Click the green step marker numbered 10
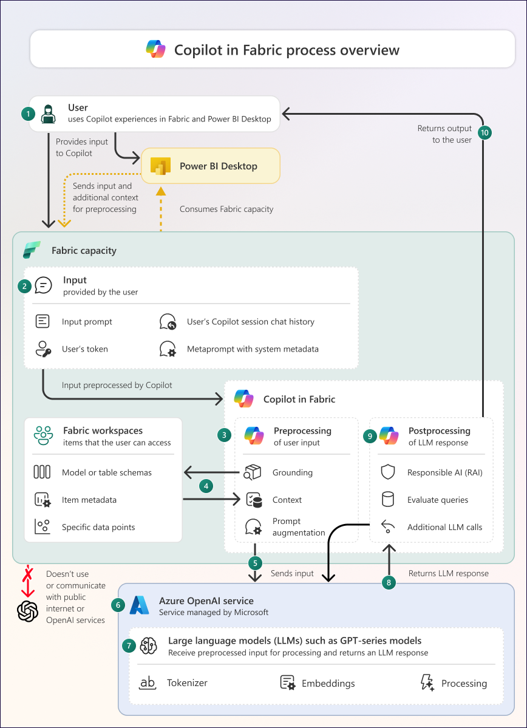pyautogui.click(x=484, y=134)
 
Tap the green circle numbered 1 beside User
pyautogui.click(x=27, y=114)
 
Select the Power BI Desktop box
pyautogui.click(x=211, y=166)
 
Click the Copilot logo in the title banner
pyautogui.click(x=156, y=49)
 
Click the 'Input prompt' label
pyautogui.click(x=87, y=322)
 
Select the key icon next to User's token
pyautogui.click(x=42, y=349)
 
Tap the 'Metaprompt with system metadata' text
pyautogui.click(x=253, y=349)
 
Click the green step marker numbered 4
pyautogui.click(x=207, y=486)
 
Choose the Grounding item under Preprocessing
pyautogui.click(x=293, y=472)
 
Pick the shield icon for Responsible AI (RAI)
pyautogui.click(x=387, y=472)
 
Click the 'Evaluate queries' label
pyautogui.click(x=438, y=500)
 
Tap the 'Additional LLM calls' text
pyautogui.click(x=444, y=527)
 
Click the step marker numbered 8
pyautogui.click(x=389, y=582)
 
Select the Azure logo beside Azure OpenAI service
pyautogui.click(x=139, y=605)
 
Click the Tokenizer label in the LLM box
pyautogui.click(x=187, y=683)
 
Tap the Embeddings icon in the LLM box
pyautogui.click(x=288, y=682)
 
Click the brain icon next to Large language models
pyautogui.click(x=149, y=646)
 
